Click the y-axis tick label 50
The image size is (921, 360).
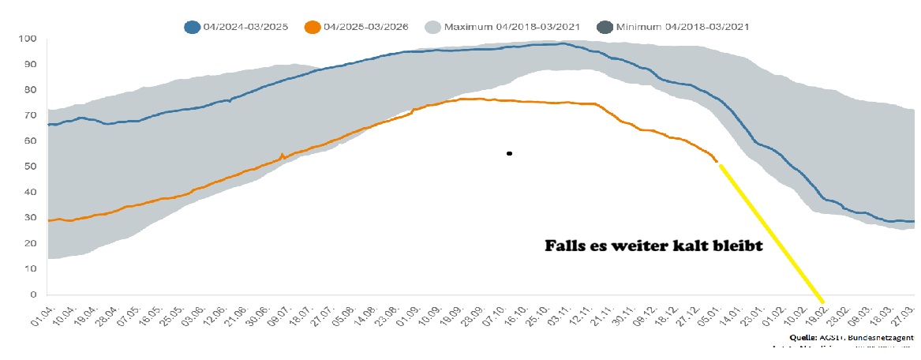30,167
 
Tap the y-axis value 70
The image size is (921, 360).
30,115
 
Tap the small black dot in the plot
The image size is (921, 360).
510,153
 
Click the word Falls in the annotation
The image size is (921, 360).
566,246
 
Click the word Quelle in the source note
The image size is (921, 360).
803,337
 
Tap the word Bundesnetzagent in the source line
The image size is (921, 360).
883,337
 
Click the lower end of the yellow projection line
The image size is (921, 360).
822,301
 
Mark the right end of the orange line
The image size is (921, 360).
717,163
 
